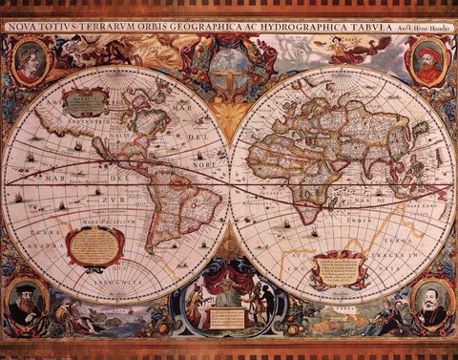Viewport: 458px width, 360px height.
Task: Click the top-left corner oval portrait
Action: point(29,63)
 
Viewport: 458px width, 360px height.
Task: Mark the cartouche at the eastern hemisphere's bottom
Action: point(339,270)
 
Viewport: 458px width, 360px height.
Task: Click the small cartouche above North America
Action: point(84,100)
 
